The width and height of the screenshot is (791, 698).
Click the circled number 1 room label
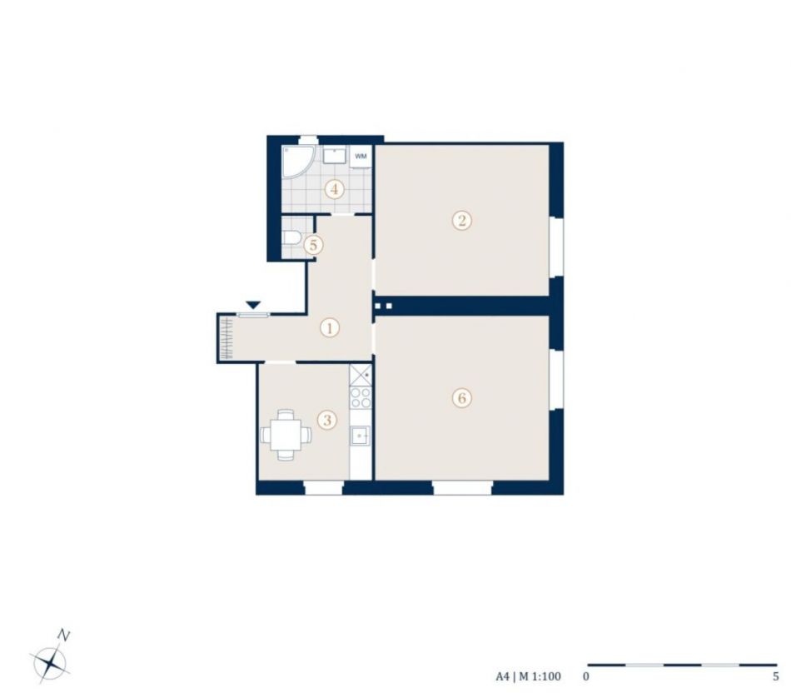click(x=330, y=328)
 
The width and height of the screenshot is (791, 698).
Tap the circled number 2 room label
click(x=461, y=221)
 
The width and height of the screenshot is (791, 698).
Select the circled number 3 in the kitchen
click(x=327, y=420)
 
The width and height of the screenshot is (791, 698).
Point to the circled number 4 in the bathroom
click(x=334, y=190)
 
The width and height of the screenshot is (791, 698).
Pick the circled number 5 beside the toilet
click(x=313, y=245)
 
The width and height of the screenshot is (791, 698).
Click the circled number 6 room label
click(x=461, y=398)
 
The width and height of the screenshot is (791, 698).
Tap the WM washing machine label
click(x=361, y=157)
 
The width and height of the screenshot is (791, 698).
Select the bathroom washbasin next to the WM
click(x=334, y=156)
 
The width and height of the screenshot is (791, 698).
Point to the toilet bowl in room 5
click(x=291, y=237)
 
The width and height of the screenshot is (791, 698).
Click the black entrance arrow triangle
click(x=253, y=305)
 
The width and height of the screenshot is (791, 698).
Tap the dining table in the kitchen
click(x=286, y=435)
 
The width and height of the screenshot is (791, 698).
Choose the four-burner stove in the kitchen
click(x=361, y=397)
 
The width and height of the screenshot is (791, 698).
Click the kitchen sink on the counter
click(x=361, y=436)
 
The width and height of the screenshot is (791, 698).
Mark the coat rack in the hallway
click(x=226, y=338)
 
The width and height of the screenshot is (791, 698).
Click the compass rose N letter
click(x=63, y=635)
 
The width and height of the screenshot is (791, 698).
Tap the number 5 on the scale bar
click(x=776, y=677)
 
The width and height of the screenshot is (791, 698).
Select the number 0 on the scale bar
click(x=585, y=677)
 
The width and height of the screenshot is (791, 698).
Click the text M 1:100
click(x=540, y=677)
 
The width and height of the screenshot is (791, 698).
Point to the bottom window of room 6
click(x=462, y=487)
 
